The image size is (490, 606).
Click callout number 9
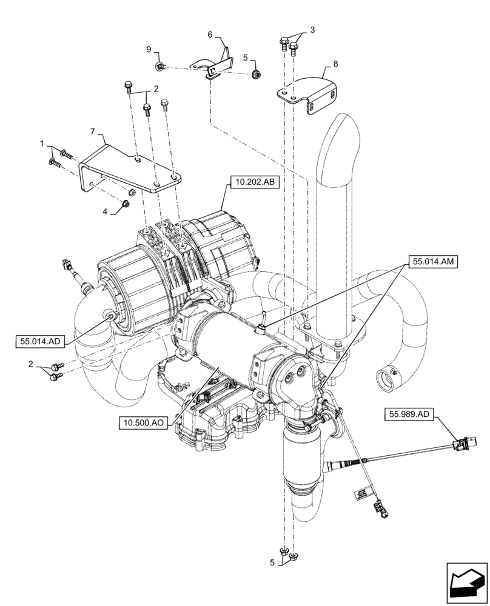point(147,49)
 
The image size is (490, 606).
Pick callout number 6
point(210,35)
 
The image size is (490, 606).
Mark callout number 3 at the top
point(312,29)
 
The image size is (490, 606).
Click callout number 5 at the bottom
point(272,562)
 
